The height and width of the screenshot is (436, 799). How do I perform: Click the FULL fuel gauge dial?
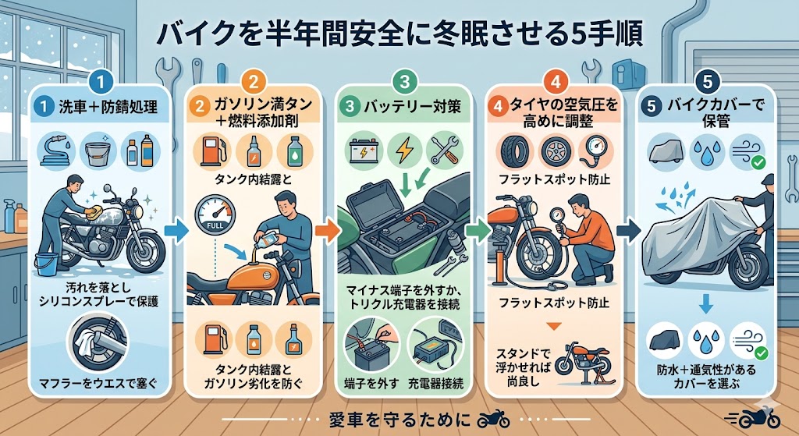(x=215, y=214)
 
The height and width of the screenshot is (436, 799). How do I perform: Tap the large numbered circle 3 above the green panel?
(x=405, y=81)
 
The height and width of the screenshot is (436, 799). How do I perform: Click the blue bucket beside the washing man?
(x=46, y=264)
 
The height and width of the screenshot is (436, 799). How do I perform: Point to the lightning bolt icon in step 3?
(x=405, y=151)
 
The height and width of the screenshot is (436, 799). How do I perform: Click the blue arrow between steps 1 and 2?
(x=176, y=231)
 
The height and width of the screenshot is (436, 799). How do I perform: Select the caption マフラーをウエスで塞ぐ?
(x=100, y=382)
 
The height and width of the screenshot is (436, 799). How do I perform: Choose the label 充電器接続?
(x=436, y=383)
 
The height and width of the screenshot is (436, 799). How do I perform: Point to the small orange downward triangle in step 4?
(x=554, y=326)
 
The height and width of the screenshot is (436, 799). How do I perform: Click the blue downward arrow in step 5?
(x=705, y=305)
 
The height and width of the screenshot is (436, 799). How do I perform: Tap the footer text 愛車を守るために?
(x=400, y=420)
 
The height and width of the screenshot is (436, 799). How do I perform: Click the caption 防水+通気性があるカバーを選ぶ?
(x=706, y=376)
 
